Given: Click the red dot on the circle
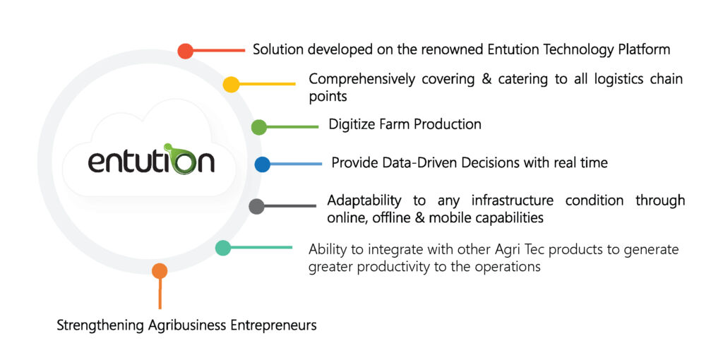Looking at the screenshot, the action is tap(186, 51).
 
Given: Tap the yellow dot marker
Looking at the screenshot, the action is tap(231, 85).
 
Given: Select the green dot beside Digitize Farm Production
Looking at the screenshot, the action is tap(259, 127).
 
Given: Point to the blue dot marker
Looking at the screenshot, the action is tap(262, 164).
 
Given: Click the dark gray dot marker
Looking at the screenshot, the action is tap(257, 206).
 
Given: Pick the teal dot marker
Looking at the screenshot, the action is tap(223, 248).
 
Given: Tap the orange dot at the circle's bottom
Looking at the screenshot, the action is tap(160, 271).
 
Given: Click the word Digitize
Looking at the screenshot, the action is tap(348, 124).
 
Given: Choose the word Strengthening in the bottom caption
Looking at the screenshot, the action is tap(101, 326).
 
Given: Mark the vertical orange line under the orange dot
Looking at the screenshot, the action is tap(160, 294).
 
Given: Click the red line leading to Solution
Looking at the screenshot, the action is tap(219, 50).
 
